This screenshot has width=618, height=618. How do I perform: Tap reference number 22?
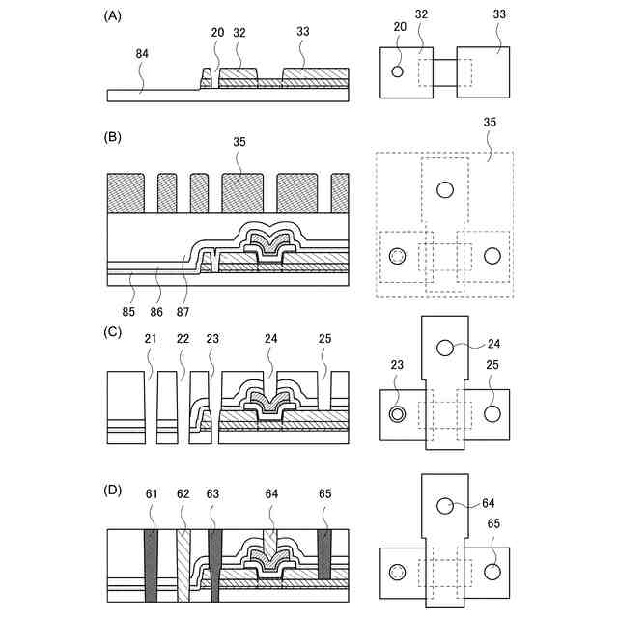point(181,341)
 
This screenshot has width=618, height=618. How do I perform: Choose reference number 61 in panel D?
point(152,495)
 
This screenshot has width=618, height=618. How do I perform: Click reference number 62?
point(181,495)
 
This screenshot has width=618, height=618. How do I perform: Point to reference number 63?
point(212,495)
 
